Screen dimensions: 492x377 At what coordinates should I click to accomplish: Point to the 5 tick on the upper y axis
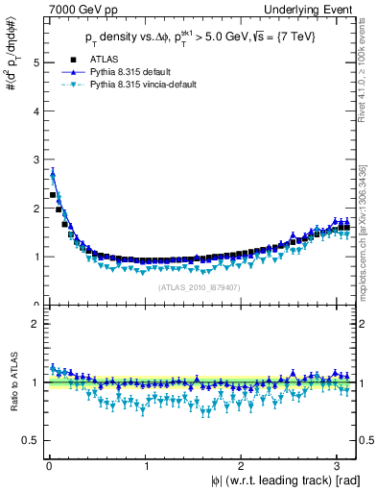point(35,62)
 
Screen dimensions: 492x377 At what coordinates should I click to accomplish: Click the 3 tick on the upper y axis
point(35,160)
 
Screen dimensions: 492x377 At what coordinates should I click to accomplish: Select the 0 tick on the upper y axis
point(35,305)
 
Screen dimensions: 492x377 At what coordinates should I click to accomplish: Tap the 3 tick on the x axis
point(336,467)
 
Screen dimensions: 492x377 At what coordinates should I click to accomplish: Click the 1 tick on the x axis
point(146,467)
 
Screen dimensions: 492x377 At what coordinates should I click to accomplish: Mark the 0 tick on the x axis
point(49,467)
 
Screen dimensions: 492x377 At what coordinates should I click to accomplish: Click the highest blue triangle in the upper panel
point(52,174)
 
